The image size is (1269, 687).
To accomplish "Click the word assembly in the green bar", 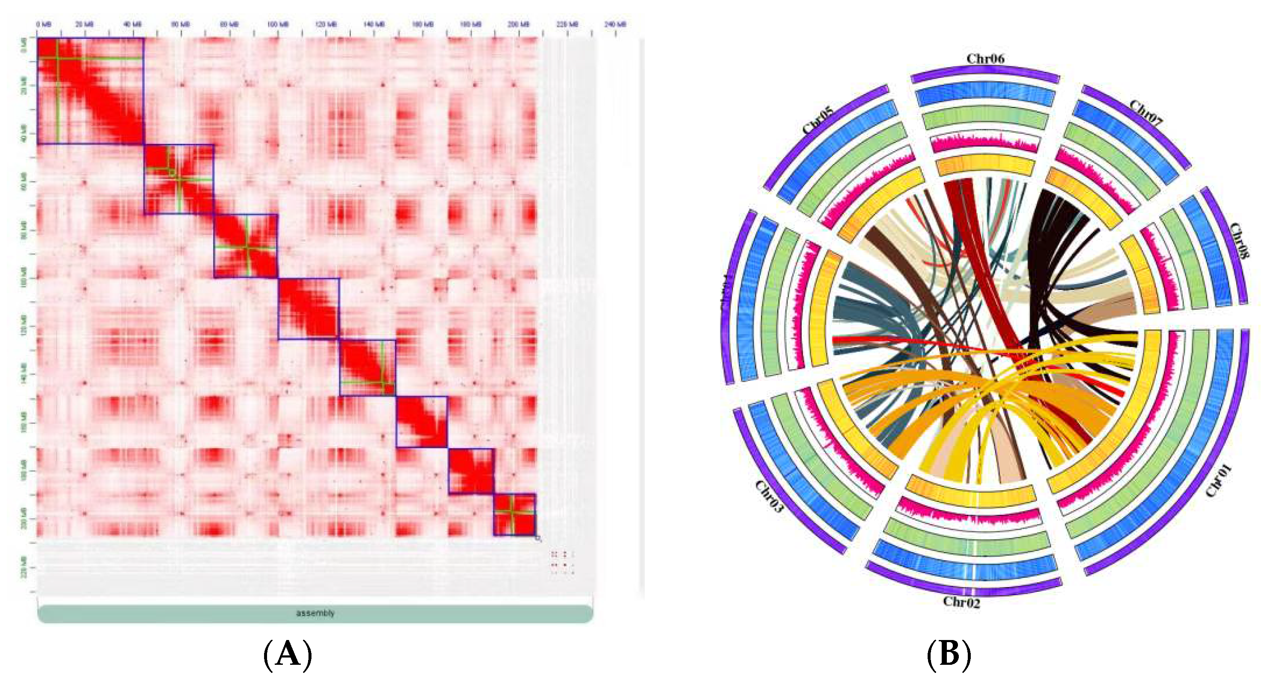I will click(315, 613).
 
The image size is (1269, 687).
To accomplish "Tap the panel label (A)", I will click(288, 655).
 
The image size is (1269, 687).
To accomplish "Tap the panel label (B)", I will click(949, 655).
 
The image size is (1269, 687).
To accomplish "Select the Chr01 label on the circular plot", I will click(1218, 481).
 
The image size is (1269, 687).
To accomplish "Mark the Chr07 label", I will click(1145, 114).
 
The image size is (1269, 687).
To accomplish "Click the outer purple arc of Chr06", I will click(985, 72).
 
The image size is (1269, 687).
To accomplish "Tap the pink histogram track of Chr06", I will click(985, 143).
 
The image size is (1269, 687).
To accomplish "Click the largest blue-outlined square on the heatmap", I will click(91, 91).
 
